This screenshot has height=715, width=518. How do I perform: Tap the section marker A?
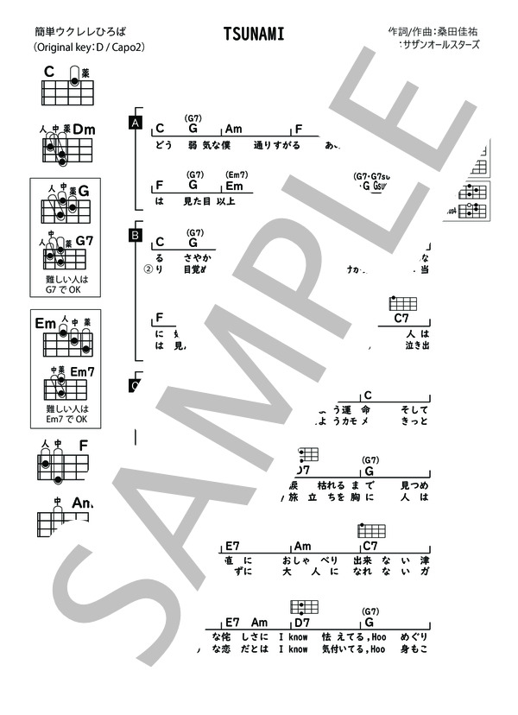pyautogui.click(x=135, y=123)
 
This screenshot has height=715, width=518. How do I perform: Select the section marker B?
pyautogui.click(x=135, y=234)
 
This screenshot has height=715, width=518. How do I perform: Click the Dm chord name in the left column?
pyautogui.click(x=83, y=130)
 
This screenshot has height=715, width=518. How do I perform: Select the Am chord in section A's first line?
pyautogui.click(x=233, y=129)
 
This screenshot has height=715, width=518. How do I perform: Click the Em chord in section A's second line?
pyautogui.click(x=234, y=186)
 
